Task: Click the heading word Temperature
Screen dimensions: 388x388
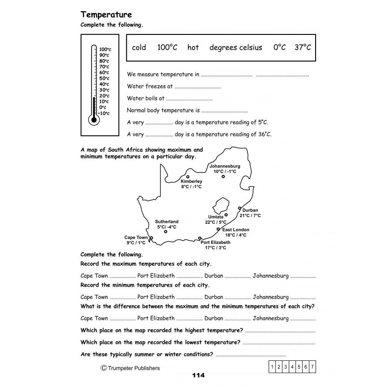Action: (x=106, y=15)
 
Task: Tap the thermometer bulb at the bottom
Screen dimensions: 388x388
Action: (x=94, y=120)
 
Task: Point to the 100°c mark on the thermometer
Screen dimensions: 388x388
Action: (x=105, y=50)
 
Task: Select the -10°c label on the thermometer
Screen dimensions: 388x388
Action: (x=103, y=113)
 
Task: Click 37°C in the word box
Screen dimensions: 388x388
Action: (x=303, y=47)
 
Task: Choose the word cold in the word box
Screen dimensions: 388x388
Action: (x=139, y=47)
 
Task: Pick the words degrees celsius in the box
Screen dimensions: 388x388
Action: (x=235, y=47)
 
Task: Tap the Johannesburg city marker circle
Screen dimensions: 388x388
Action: (x=223, y=176)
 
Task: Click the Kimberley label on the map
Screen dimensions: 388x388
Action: (x=191, y=181)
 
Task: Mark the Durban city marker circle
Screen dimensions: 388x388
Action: (x=240, y=208)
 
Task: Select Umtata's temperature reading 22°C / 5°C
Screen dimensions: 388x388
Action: (x=216, y=222)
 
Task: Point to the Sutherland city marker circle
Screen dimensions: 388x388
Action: (x=166, y=232)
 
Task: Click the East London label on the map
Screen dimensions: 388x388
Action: (x=235, y=230)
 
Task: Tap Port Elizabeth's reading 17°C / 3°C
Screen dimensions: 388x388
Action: (x=215, y=248)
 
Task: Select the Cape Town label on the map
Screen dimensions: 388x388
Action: (x=136, y=238)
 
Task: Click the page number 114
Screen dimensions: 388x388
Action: (x=198, y=375)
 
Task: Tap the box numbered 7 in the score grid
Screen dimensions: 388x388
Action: (x=312, y=367)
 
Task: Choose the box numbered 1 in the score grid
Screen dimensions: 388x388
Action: (x=272, y=367)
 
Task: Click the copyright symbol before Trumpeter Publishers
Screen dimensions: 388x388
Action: (x=103, y=368)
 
